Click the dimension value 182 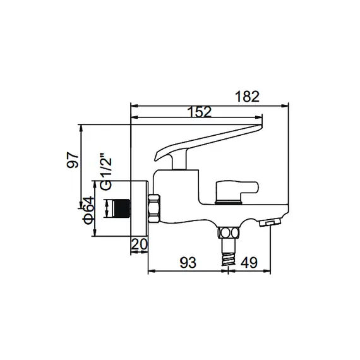tap(247, 96)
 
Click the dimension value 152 tap(199, 111)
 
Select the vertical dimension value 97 tap(74, 159)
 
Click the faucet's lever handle tap(208, 141)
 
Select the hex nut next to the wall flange tap(154, 208)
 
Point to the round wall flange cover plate tap(139, 208)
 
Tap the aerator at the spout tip tap(271, 222)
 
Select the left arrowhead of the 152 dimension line tap(133, 117)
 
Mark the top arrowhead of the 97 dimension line tap(81, 127)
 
